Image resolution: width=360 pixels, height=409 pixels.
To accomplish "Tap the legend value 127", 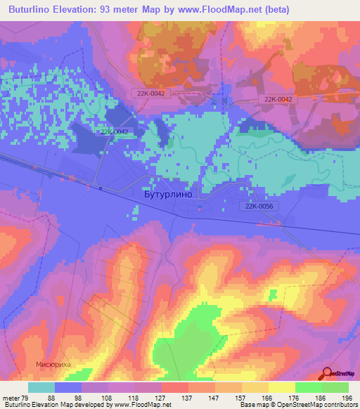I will [161, 397].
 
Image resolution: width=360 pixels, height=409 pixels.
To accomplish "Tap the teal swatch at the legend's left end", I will [41, 387].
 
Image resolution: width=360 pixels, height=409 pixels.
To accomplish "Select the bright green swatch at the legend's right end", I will [335, 387].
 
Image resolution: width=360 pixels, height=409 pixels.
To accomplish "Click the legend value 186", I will [321, 397].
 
